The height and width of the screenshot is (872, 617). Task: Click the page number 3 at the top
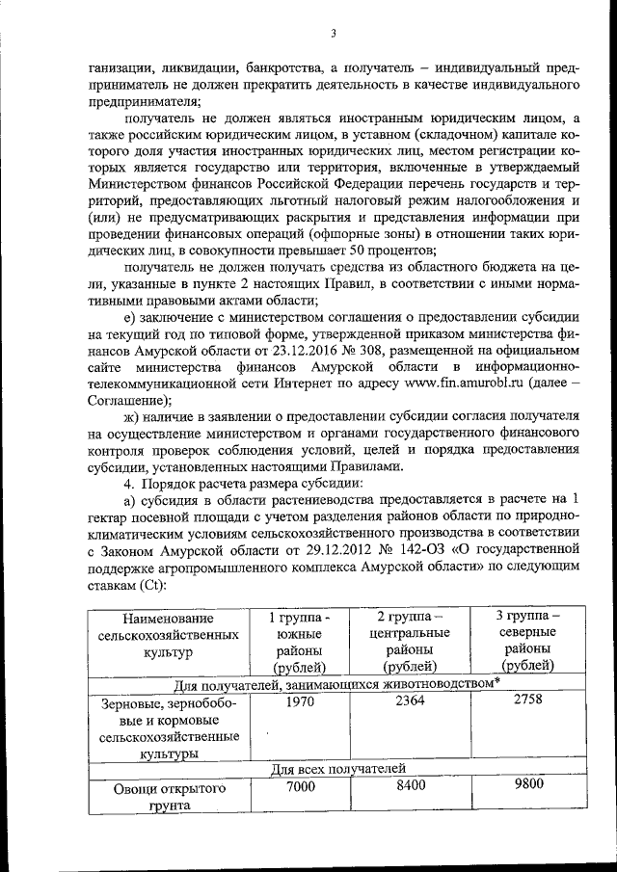pyautogui.click(x=332, y=35)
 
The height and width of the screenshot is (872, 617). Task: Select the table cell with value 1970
pyautogui.click(x=300, y=702)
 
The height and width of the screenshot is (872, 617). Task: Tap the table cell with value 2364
pyautogui.click(x=409, y=702)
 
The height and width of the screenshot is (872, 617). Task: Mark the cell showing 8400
pyautogui.click(x=409, y=786)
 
